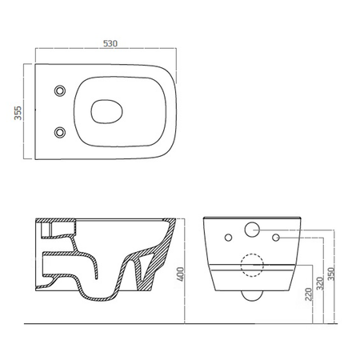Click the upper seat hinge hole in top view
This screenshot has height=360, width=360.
pyautogui.click(x=58, y=93)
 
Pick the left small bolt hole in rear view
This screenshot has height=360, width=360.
pyautogui.click(x=229, y=237)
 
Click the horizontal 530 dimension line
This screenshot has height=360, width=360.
pyautogui.click(x=104, y=52)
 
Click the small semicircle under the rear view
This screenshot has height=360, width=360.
pyautogui.click(x=253, y=298)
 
